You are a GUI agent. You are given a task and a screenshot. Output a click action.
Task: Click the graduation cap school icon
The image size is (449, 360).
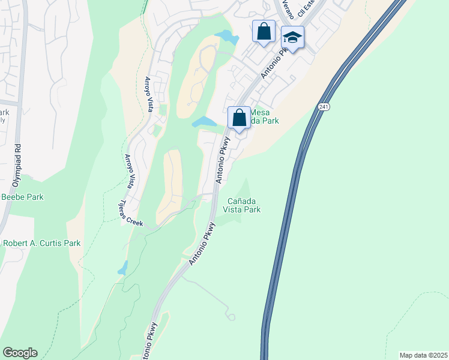coord(292,38)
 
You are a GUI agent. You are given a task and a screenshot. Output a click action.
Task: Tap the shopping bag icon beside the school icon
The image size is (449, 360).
coord(264,31)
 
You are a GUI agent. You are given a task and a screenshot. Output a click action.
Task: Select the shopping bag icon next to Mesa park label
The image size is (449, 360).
coord(239,117)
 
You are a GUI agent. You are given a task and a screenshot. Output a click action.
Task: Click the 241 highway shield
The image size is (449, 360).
coord(324,107)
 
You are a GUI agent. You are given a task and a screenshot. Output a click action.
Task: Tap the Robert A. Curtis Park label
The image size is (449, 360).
coord(41,243)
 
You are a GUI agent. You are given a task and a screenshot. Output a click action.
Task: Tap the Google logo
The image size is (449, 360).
coord(20,353)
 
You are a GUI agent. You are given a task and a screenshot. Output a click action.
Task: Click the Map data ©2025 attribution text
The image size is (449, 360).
coord(424,355)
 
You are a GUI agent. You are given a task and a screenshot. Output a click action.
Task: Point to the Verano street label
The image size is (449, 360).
coord(287,10)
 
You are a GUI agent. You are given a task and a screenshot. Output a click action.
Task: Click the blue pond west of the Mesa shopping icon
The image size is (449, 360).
coord(204,122)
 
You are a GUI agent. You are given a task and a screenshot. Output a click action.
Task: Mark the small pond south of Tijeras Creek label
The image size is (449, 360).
coord(123,268)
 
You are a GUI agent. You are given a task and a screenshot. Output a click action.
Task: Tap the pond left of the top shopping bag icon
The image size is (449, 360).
coord(227,37)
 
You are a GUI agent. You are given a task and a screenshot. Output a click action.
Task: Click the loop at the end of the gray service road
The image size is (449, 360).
coord(231,316)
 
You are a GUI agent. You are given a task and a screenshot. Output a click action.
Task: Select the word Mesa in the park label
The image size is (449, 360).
coord(259,112)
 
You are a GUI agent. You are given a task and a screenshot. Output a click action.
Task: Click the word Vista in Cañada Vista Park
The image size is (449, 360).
coord(232,209)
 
